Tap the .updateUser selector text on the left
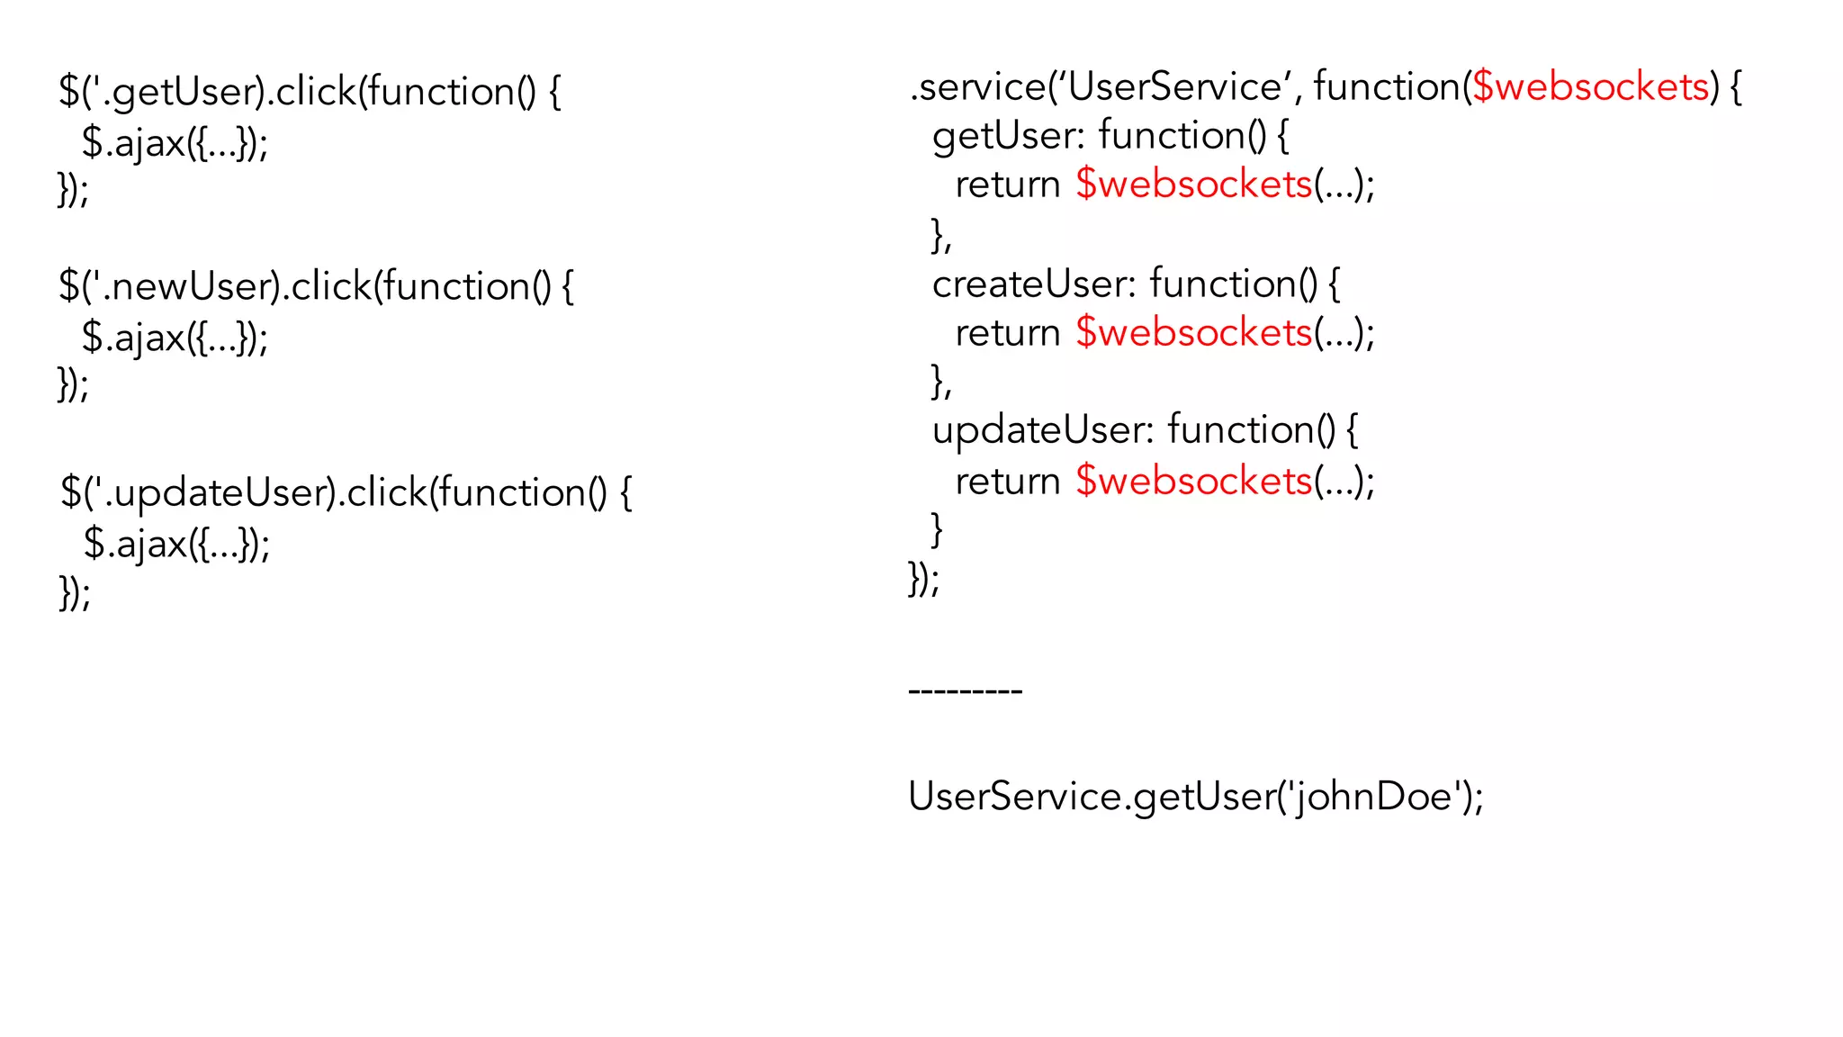[220, 492]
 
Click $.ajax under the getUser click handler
[133, 142]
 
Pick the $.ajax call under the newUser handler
[133, 338]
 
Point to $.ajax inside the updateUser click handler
[135, 544]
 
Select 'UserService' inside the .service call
[1179, 87]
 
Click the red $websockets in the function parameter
[1590, 87]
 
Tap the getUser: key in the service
[1009, 136]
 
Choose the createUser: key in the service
[1034, 284]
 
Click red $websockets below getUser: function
[1194, 185]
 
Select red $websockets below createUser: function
[1194, 333]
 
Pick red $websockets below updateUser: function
[1194, 481]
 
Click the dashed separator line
[965, 691]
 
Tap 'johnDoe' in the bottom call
[1374, 797]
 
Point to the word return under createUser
[1007, 333]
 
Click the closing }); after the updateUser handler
[75, 592]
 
